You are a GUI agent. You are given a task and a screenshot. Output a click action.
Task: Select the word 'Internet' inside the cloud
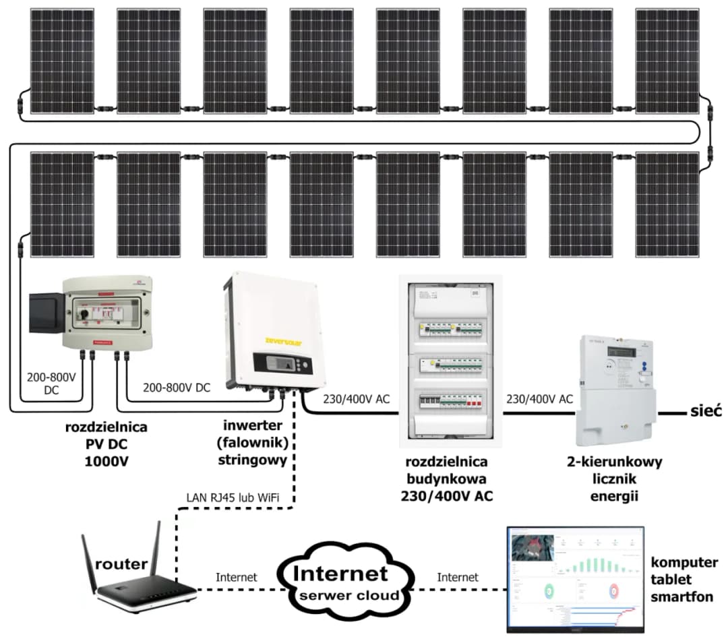[x=342, y=574]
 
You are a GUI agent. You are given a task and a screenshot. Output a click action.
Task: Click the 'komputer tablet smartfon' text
[x=681, y=579]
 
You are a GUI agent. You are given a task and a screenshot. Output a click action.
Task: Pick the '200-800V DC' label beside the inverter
[x=177, y=388]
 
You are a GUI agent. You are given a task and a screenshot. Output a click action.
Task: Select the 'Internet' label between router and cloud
[x=237, y=577]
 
